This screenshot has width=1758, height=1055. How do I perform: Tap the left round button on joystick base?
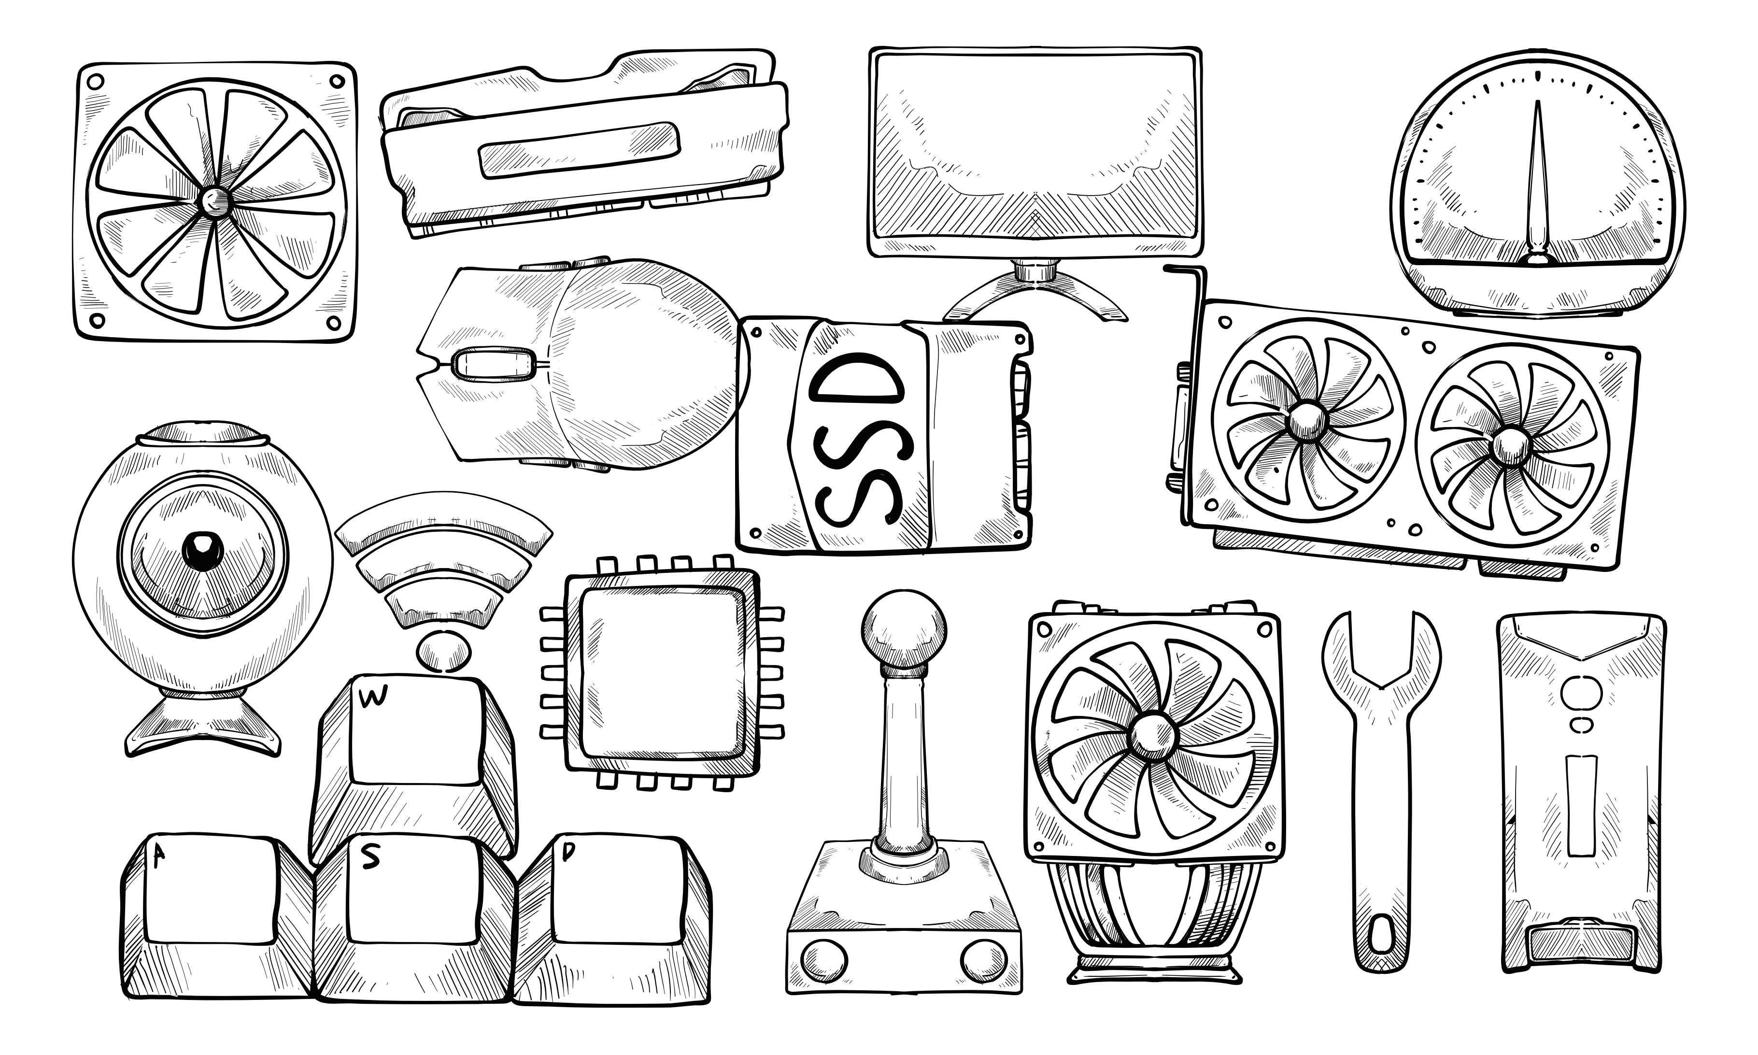click(x=823, y=960)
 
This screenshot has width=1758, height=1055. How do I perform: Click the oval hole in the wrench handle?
click(x=1381, y=934)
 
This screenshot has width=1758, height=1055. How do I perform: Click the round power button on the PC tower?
click(x=1582, y=693)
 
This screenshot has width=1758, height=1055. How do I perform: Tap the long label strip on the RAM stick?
click(x=579, y=150)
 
